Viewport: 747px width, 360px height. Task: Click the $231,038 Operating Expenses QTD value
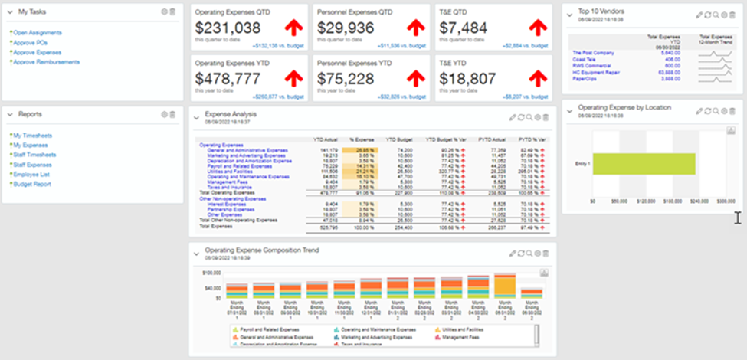pos(228,28)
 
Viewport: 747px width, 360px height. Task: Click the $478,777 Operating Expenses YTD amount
pos(228,79)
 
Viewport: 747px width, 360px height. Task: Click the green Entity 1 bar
pos(644,164)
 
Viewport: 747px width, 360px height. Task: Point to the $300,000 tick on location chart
pos(725,201)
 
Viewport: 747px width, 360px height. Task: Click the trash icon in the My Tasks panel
pos(172,11)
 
